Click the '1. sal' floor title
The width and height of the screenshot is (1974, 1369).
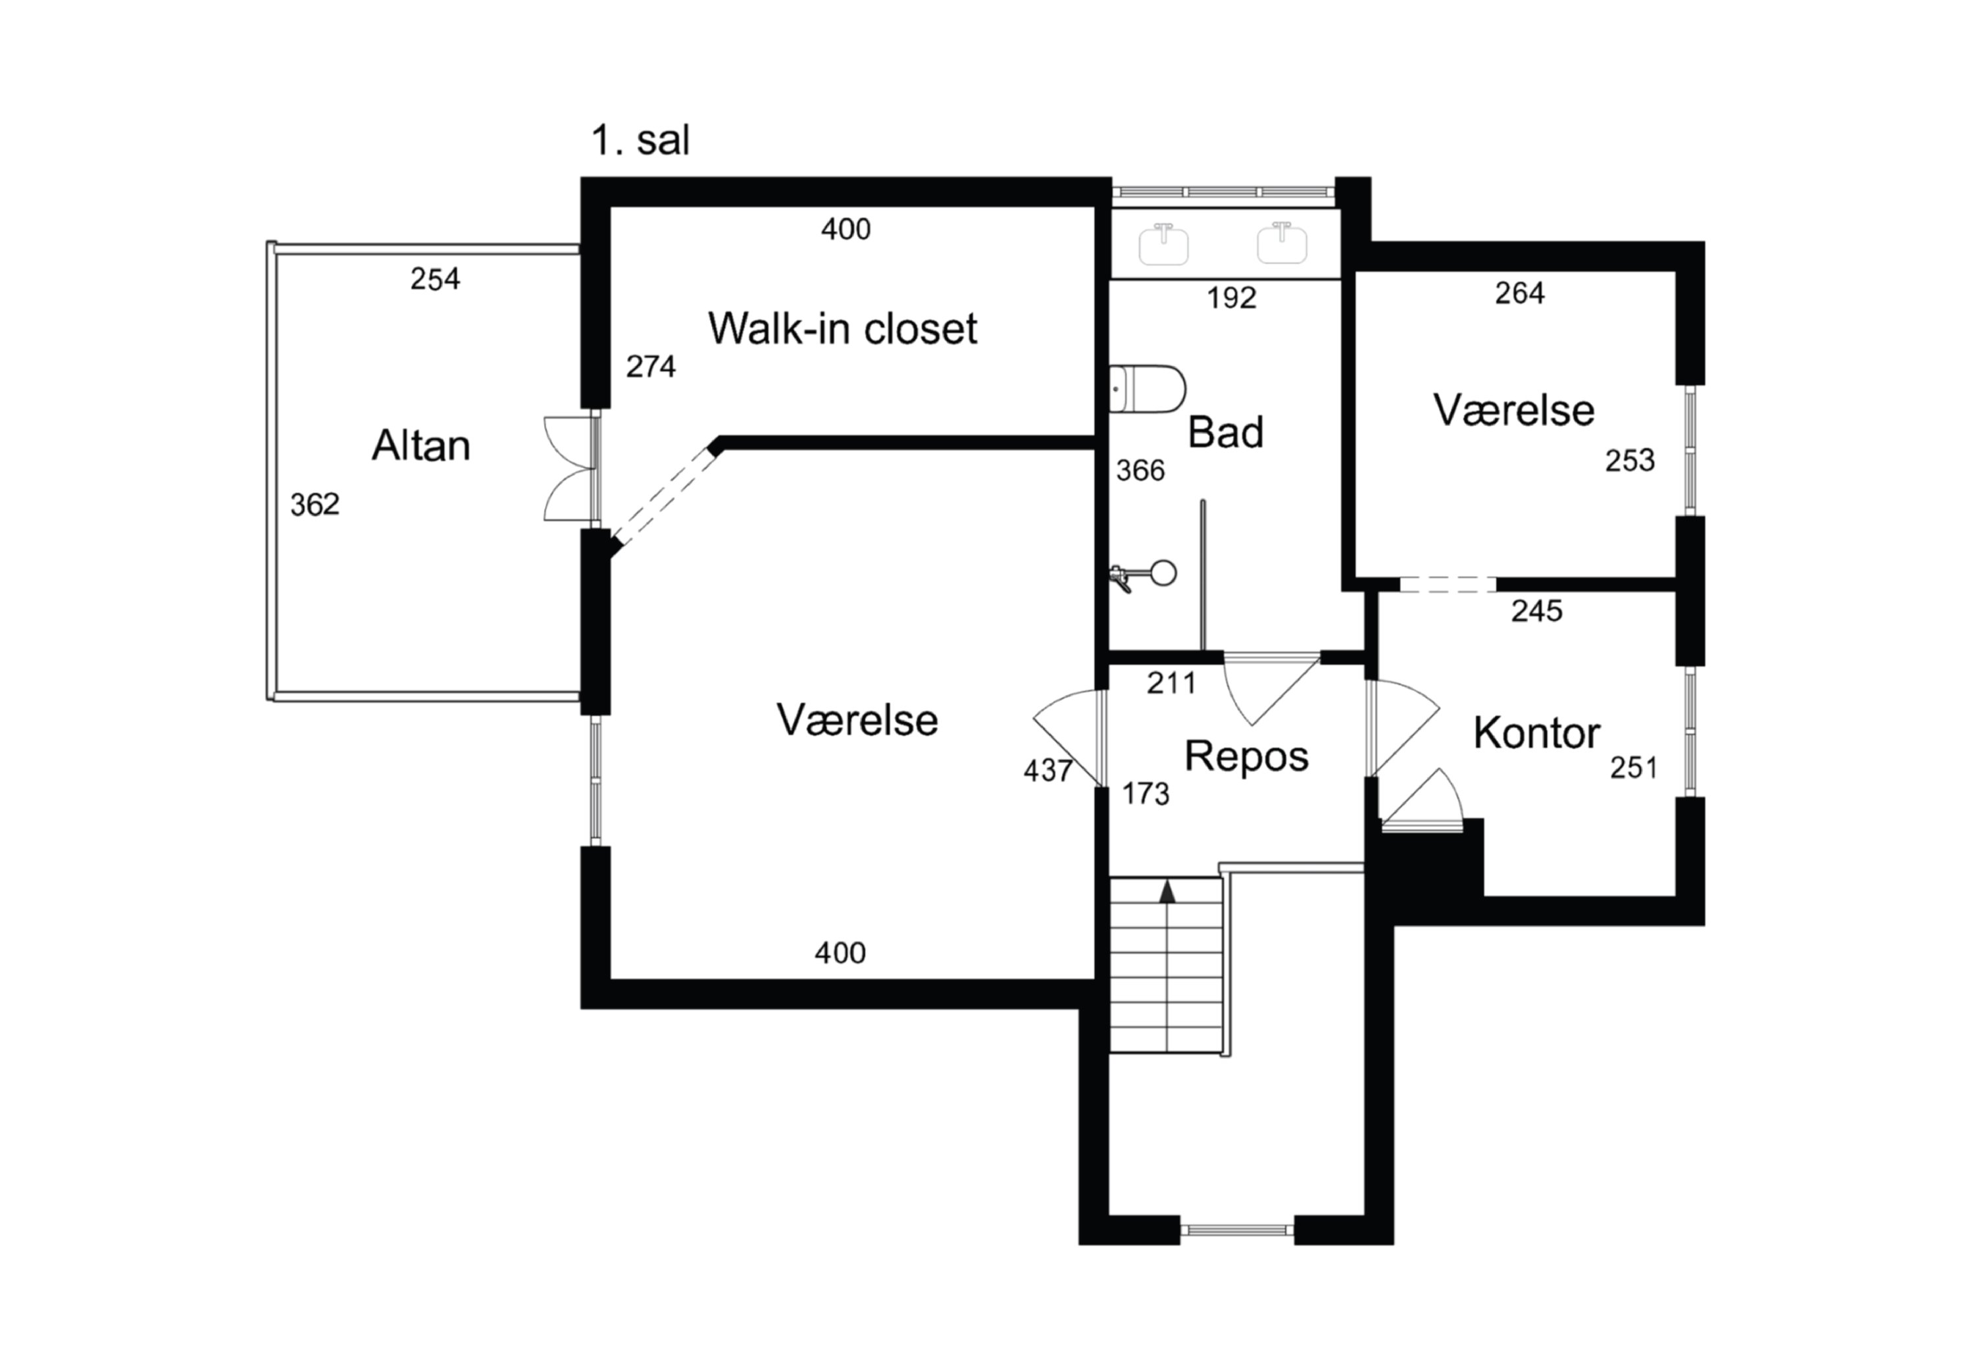(640, 140)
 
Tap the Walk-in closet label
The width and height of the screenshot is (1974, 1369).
(842, 328)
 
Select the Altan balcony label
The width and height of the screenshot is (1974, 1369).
(420, 445)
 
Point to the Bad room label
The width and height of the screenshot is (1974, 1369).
(1225, 432)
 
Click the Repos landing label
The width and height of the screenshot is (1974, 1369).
(1246, 756)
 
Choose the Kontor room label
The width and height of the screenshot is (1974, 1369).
(1536, 733)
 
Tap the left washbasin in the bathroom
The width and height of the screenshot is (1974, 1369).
(1163, 244)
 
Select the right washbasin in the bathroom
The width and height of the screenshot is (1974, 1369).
(1282, 243)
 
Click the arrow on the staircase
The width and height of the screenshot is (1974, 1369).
(1167, 892)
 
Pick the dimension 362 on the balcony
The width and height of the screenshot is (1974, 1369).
(315, 504)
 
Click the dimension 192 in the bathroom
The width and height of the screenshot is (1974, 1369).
(1231, 297)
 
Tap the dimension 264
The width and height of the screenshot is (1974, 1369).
(1519, 294)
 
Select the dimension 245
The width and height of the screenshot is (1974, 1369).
(1536, 611)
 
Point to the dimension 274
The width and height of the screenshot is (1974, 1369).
(651, 366)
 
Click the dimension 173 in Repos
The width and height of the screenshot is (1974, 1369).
(1146, 794)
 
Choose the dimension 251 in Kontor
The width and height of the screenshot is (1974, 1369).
(1634, 767)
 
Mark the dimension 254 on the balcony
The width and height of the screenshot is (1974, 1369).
(435, 279)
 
